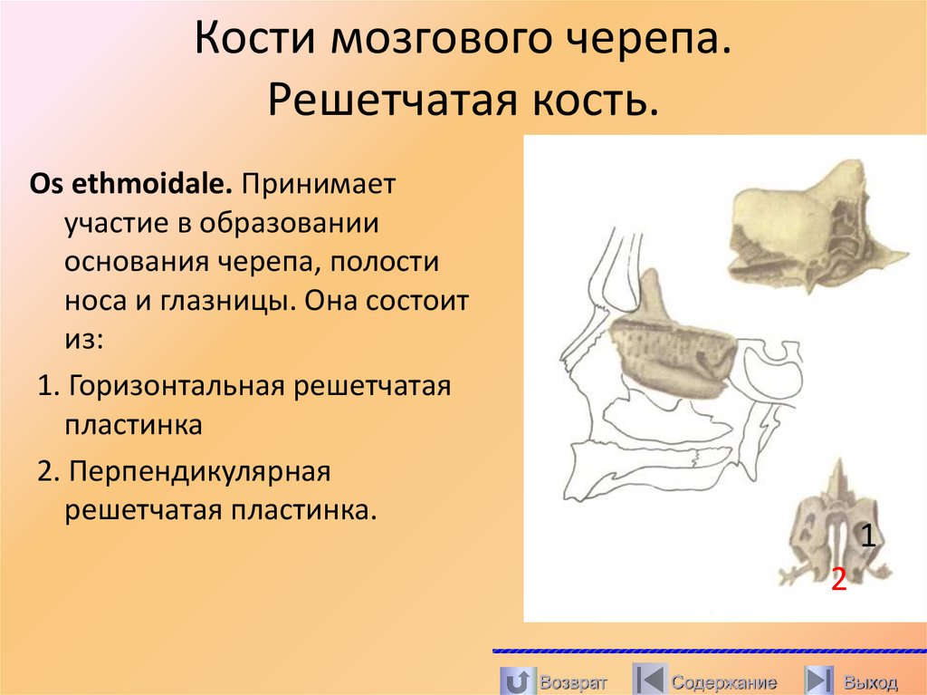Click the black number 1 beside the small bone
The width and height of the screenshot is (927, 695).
(867, 536)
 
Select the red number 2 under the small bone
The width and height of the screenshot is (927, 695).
(839, 578)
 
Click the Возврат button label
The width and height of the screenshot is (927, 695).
(572, 681)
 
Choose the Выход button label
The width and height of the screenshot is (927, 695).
(870, 681)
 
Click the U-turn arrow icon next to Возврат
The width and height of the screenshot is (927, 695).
(516, 680)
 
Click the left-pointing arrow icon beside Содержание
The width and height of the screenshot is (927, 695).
(649, 680)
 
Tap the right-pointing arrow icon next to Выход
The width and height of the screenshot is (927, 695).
(819, 680)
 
